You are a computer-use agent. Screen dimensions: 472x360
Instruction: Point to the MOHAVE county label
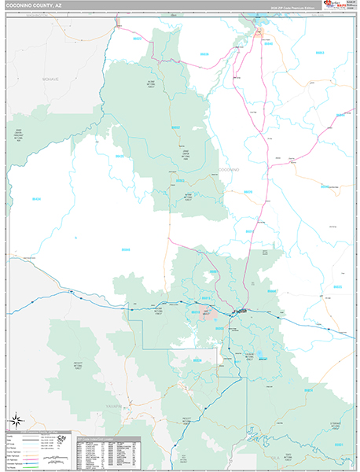[51, 79]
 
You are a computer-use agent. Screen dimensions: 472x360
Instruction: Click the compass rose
[17, 421]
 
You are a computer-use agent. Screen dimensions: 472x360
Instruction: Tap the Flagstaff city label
[241, 312]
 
